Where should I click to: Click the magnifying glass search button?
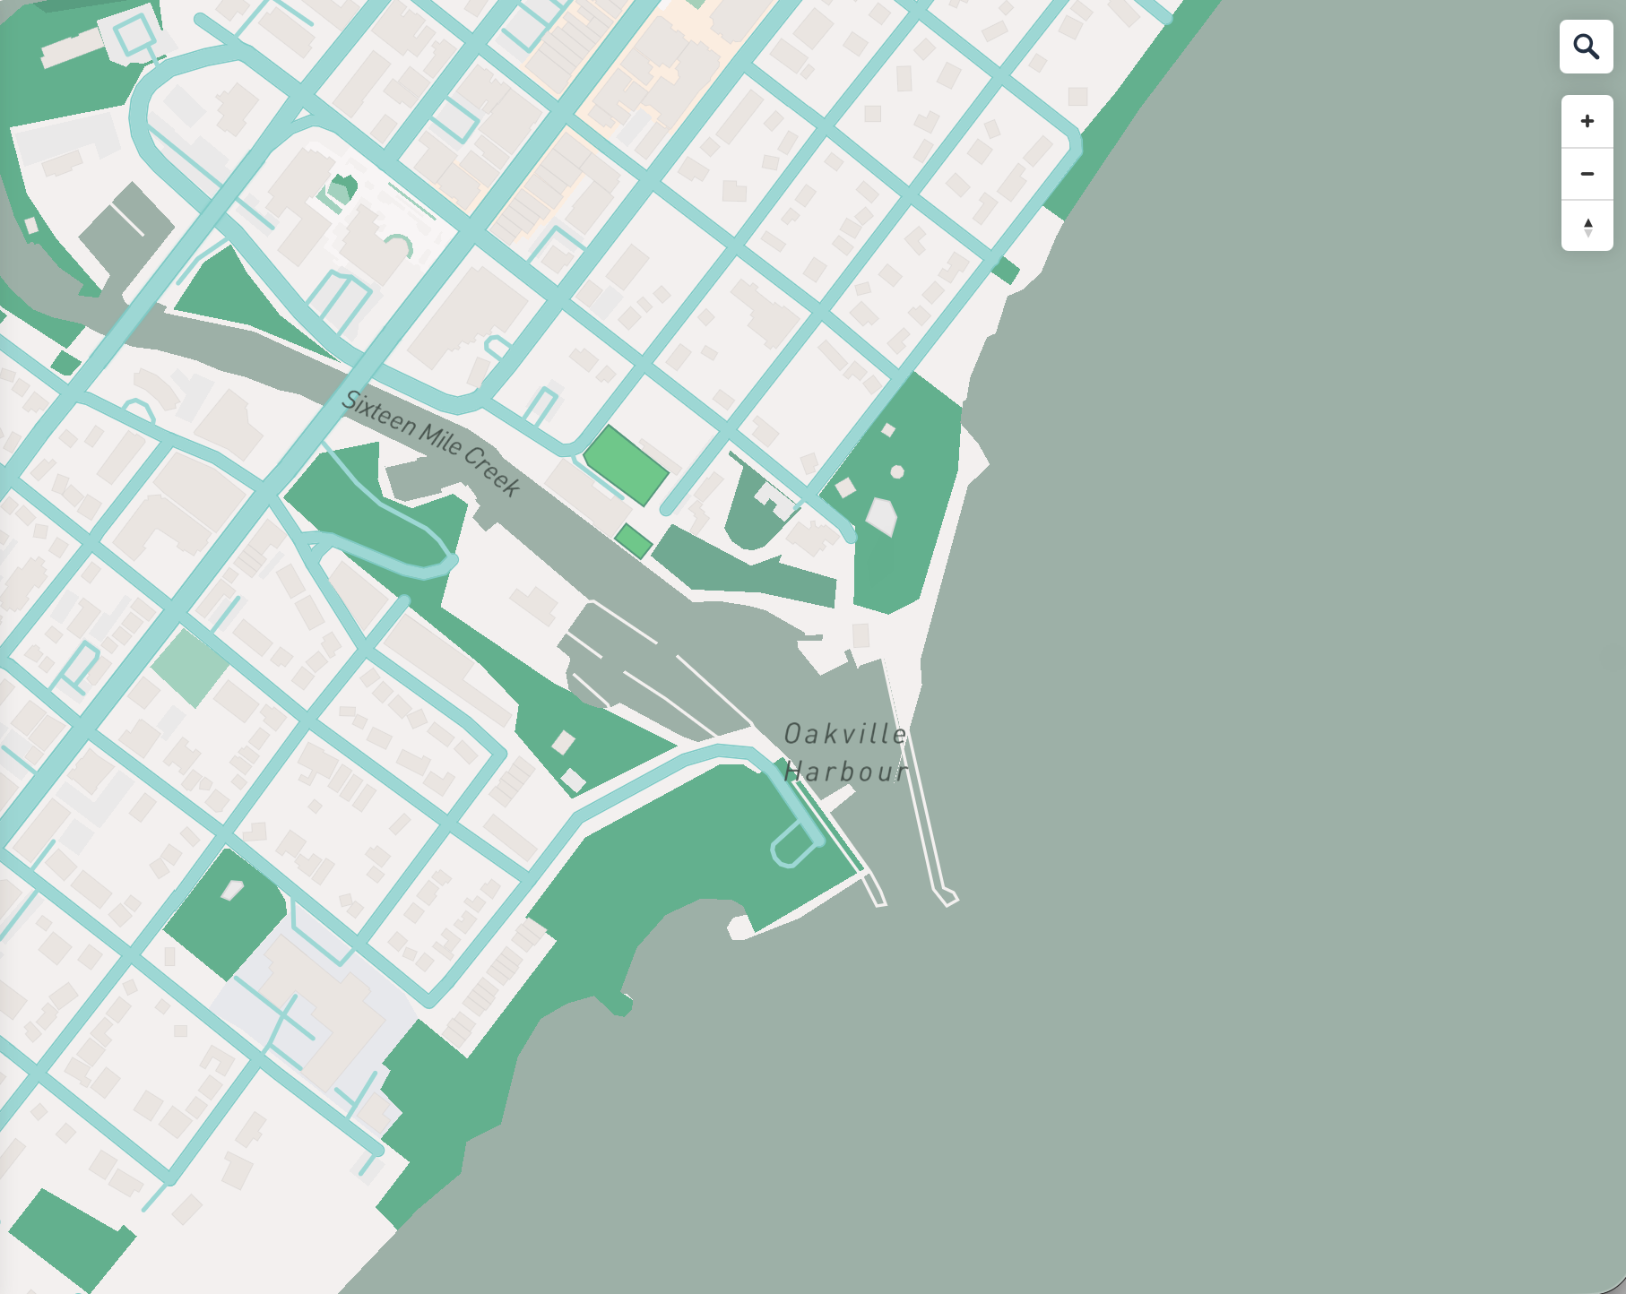click(1586, 47)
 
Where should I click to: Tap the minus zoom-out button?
click(1587, 174)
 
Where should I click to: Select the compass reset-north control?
click(1587, 226)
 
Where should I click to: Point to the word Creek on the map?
click(492, 470)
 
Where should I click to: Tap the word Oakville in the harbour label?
click(845, 735)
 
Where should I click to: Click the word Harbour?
click(845, 772)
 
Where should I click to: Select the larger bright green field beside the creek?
click(627, 465)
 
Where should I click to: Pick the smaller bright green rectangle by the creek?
click(633, 541)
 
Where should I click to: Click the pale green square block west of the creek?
click(190, 667)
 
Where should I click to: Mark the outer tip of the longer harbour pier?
click(947, 897)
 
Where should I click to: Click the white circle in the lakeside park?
click(896, 471)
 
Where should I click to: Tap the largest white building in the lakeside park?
click(881, 516)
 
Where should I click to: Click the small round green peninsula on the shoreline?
click(618, 1003)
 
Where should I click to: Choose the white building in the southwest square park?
click(232, 890)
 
